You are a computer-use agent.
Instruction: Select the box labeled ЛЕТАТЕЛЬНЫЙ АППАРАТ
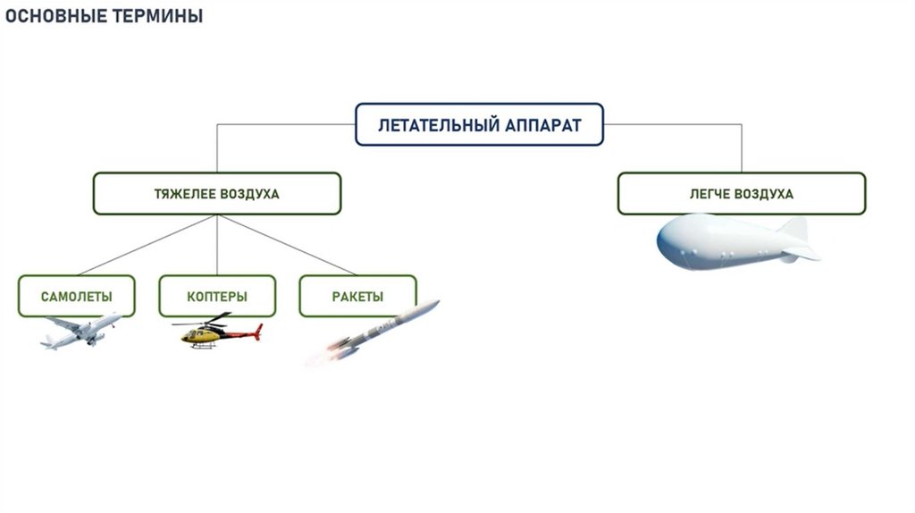click(x=479, y=125)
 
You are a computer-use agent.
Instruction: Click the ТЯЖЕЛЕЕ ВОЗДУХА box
click(x=217, y=194)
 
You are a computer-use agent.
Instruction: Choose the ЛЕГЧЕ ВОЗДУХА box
click(x=741, y=194)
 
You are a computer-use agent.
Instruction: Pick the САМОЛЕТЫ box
click(x=77, y=297)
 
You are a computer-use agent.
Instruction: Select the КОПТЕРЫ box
click(x=217, y=297)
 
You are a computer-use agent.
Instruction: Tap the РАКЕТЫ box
click(x=357, y=297)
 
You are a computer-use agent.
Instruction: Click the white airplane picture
click(x=80, y=331)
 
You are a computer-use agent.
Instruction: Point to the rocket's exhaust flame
click(x=322, y=357)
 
